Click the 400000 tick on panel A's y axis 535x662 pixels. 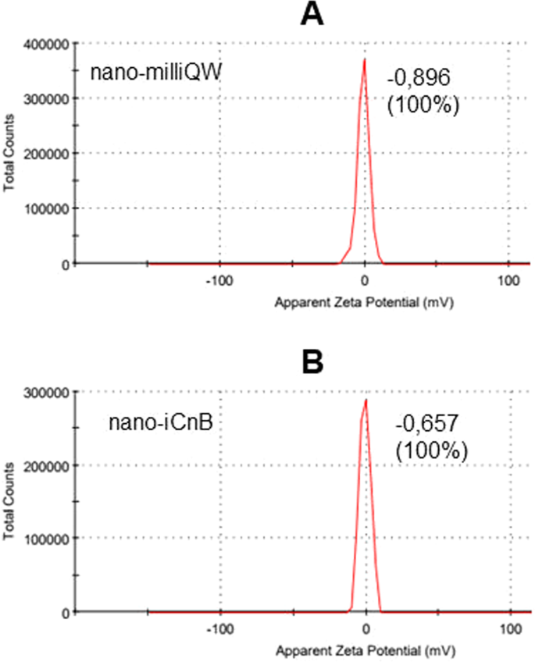[x=46, y=43]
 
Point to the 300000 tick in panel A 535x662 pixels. [x=46, y=98]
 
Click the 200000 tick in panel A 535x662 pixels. [x=46, y=153]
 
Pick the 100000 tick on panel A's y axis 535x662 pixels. [x=46, y=208]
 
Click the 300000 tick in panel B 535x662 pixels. [x=46, y=391]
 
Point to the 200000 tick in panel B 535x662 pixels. [x=46, y=464]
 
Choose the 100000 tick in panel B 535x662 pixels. [x=46, y=538]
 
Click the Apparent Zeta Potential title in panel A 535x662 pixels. [x=365, y=300]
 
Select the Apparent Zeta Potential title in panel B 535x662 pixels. [x=365, y=648]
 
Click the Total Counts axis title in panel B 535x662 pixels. [x=10, y=501]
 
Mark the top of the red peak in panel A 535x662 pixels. [x=364, y=60]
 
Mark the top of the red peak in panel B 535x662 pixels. [x=366, y=400]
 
